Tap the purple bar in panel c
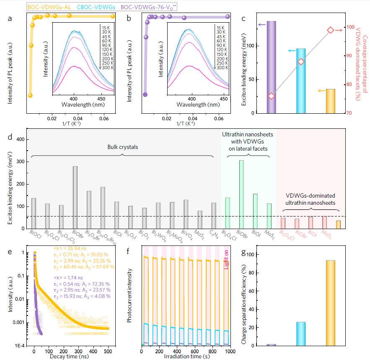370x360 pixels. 271,67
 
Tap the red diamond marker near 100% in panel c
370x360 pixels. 330,30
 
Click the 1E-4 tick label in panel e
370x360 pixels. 20,346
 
